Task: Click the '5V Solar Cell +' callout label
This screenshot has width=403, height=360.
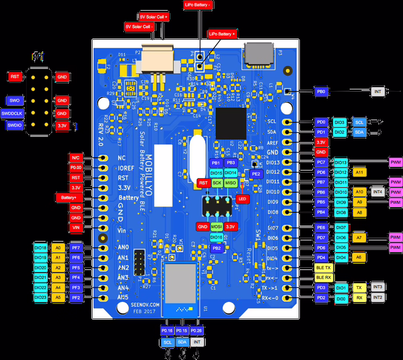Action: pos(154,17)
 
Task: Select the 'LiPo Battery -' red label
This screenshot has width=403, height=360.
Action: pos(198,5)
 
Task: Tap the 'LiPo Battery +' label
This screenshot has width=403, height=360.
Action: pos(222,34)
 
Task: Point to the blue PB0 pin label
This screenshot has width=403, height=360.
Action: pos(321,92)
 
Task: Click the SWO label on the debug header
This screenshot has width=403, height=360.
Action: pos(14,101)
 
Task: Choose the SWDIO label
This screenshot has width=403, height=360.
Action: pos(14,125)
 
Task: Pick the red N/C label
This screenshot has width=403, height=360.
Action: pos(75,158)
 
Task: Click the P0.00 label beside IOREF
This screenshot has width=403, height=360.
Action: pos(75,168)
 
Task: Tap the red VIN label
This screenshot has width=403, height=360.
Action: pos(75,227)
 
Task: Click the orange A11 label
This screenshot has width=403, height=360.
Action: pos(359,172)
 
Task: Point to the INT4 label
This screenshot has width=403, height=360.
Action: pos(378,192)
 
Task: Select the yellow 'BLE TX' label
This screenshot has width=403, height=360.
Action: pos(324,268)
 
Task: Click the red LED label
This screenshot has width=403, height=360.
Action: pos(241,199)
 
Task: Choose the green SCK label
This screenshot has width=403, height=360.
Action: pos(216,184)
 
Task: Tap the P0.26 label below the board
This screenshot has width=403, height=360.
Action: pos(197,330)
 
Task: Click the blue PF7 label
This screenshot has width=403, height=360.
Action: pos(75,248)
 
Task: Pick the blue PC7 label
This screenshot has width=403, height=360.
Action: pos(321,162)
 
